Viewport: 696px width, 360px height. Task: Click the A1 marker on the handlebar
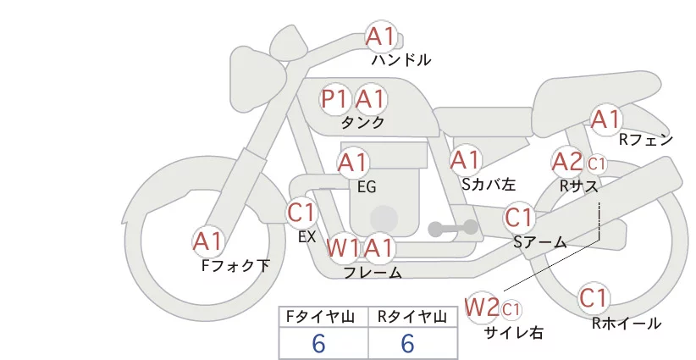[381, 36]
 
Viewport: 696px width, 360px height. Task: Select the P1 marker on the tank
[335, 99]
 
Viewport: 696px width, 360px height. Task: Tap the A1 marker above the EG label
[353, 163]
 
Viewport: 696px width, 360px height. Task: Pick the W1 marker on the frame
[342, 247]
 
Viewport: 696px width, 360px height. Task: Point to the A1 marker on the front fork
[207, 242]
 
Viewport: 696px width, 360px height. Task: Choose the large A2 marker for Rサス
[567, 162]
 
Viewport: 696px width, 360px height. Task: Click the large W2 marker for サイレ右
[482, 307]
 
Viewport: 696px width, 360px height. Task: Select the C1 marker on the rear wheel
[594, 298]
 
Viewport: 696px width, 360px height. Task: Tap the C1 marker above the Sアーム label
[519, 218]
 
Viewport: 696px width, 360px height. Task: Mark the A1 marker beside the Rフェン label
[606, 119]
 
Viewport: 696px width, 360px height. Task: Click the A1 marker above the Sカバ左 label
[465, 160]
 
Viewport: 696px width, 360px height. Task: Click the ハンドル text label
[401, 60]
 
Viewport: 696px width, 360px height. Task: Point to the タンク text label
[362, 122]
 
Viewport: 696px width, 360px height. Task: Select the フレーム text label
[373, 273]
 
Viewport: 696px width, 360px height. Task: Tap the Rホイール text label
[627, 324]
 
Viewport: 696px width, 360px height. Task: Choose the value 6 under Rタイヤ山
[407, 344]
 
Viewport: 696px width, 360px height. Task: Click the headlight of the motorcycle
[258, 80]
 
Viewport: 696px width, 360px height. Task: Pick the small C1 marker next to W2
[511, 309]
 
